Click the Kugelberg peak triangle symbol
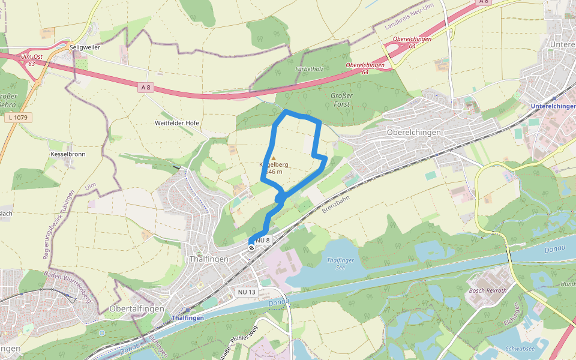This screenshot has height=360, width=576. click(274, 158)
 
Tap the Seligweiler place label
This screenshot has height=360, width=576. click(85, 46)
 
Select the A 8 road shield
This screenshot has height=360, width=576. click(145, 88)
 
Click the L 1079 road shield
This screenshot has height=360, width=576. click(19, 118)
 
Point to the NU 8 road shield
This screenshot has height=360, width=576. click(263, 241)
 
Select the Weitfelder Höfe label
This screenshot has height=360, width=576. click(177, 123)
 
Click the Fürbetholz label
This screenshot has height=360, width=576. click(310, 69)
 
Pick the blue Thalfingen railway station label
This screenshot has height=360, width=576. click(187, 317)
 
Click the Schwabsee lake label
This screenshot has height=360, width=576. click(520, 348)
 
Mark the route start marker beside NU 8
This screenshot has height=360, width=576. click(251, 247)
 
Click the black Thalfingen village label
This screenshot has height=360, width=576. click(209, 259)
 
